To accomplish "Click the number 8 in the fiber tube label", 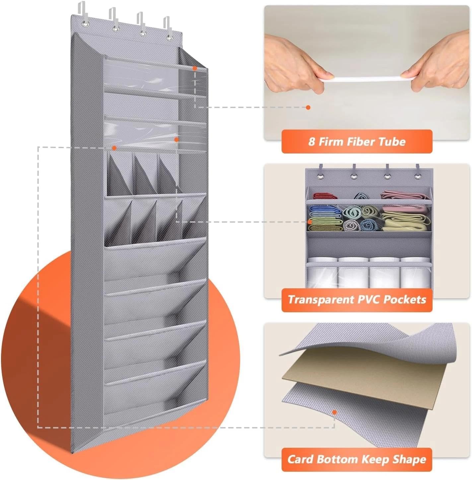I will [x=311, y=142].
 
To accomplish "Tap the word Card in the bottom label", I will [x=300, y=459].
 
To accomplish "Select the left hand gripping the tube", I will [x=295, y=65].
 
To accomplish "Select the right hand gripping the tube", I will [x=438, y=66].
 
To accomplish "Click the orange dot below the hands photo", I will [x=308, y=107].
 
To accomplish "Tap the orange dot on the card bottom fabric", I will [x=334, y=412].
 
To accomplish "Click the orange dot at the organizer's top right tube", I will [x=195, y=68].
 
